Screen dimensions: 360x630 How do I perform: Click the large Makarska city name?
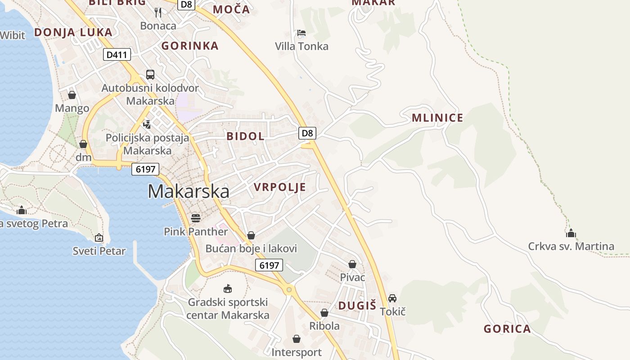point(189,192)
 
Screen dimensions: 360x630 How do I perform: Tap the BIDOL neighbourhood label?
point(245,136)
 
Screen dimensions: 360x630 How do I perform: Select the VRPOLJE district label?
point(280,187)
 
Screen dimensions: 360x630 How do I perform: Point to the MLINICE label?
point(437,118)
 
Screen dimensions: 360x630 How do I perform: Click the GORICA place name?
point(507,329)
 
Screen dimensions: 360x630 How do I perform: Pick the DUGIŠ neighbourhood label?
point(357,306)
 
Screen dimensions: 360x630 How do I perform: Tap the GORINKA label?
point(190,46)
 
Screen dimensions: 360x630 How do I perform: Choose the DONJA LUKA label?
point(73,32)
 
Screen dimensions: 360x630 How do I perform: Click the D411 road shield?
point(117,55)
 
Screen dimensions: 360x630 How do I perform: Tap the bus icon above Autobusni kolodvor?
point(150,75)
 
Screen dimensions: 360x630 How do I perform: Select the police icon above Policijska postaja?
point(147,124)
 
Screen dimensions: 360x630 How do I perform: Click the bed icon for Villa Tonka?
point(301,33)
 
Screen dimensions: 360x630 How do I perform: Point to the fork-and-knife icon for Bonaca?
point(158,12)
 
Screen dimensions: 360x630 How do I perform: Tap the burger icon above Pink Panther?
point(196,218)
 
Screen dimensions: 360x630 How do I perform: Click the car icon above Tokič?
point(392,298)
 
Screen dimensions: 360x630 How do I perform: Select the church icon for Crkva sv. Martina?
point(571,233)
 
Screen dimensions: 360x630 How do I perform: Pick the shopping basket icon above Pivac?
point(352,264)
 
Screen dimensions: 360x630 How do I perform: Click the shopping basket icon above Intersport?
point(297,338)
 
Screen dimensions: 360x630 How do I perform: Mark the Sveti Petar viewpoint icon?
point(99,238)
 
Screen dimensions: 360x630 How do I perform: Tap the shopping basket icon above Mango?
point(72,95)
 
